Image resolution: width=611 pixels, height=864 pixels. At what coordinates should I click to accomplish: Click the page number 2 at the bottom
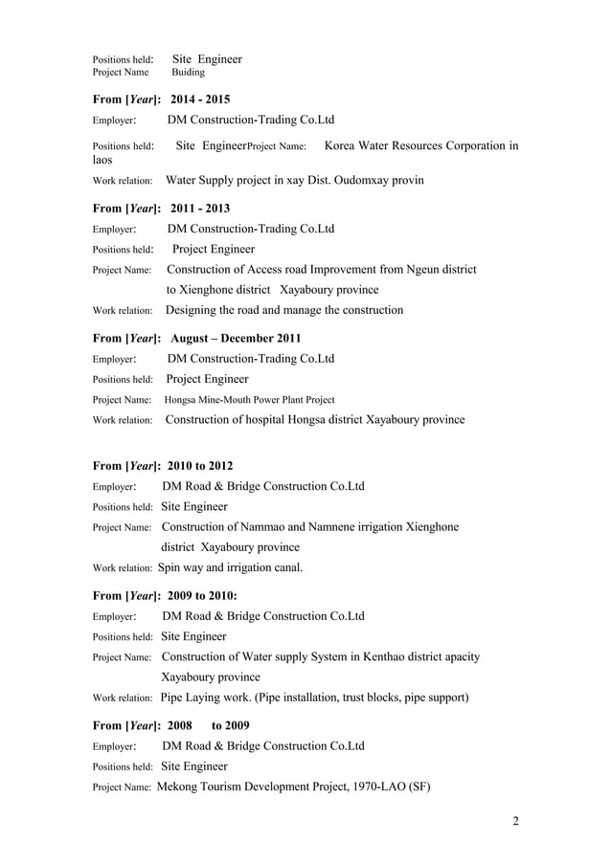(514, 822)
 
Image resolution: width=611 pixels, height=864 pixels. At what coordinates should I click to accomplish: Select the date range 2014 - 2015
(199, 99)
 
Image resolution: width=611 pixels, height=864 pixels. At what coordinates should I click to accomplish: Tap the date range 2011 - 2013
(199, 208)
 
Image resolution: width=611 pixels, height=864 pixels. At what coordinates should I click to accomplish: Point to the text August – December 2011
(236, 338)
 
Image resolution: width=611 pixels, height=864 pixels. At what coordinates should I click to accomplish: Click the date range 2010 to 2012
(199, 465)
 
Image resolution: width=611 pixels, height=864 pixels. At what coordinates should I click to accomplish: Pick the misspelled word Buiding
(188, 72)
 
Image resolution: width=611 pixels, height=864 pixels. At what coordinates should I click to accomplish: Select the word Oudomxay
(354, 180)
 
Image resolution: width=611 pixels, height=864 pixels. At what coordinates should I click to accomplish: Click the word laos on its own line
(102, 161)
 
